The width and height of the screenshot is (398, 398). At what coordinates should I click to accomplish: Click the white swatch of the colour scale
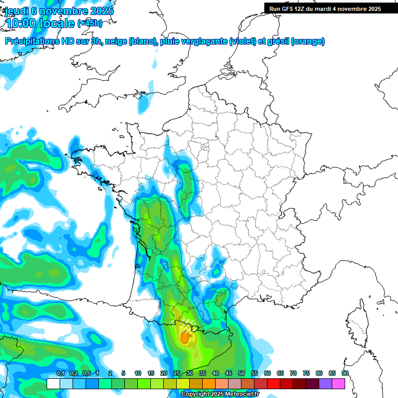[x=53, y=383]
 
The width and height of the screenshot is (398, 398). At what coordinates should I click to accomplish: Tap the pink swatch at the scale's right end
[x=338, y=383]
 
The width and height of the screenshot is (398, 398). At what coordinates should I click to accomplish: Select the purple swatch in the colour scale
[x=325, y=383]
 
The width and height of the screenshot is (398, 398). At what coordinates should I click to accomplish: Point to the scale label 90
[x=345, y=374]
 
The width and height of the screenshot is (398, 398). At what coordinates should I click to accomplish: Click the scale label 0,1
[x=60, y=374]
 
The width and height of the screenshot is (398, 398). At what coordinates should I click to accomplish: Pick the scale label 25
[x=177, y=374]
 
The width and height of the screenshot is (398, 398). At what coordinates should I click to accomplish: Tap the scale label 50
[x=241, y=374]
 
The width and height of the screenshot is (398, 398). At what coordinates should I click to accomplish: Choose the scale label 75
[x=306, y=374]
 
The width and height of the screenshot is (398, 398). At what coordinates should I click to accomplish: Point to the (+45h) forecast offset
[x=90, y=23]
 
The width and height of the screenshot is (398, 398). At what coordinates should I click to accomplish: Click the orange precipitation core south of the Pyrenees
[x=184, y=338]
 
